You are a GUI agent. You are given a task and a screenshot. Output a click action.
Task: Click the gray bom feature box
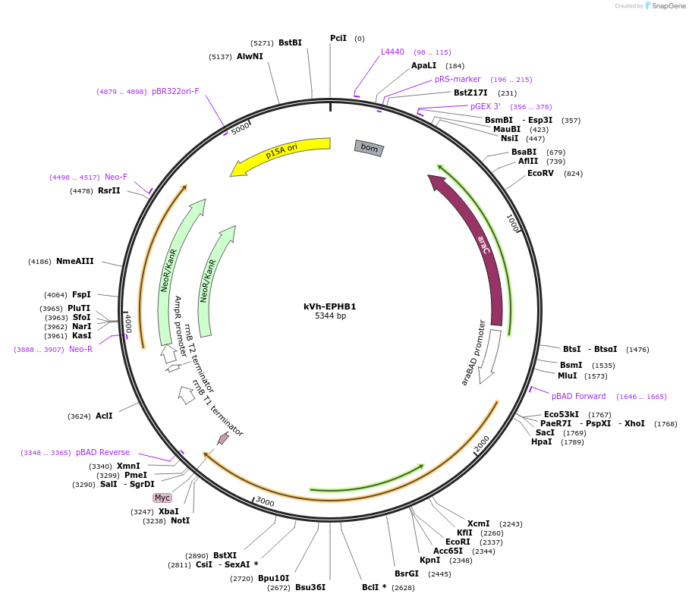pos(369,148)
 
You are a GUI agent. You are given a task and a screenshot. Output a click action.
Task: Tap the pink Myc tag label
pos(162,498)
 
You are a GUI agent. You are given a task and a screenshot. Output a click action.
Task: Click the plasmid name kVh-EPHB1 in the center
pos(330,306)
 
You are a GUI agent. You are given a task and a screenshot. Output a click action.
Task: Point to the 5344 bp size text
pos(330,316)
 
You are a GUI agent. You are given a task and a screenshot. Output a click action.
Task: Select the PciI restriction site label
pos(338,38)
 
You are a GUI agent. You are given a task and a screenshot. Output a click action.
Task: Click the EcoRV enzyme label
pos(540,173)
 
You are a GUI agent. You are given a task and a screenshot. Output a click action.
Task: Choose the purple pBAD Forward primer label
pos(578,396)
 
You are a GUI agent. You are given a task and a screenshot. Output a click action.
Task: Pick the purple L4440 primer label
pos(392,52)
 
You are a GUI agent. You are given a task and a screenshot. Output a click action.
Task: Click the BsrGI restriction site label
pos(407,573)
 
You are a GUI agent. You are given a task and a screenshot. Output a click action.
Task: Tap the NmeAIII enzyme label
pos(74,262)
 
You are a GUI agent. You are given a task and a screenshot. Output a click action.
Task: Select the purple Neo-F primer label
pos(116,177)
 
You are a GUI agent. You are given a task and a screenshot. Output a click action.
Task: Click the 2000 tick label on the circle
pos(482,443)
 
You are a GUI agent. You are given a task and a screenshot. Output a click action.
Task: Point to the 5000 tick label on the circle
pos(241,129)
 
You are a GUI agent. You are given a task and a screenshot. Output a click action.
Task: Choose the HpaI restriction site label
pos(541,442)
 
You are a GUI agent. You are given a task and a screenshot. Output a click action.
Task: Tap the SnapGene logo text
pos(668,6)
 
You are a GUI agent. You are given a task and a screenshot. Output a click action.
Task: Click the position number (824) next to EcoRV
pos(573,174)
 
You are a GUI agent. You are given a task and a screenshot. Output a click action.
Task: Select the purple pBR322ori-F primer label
pos(175,91)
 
